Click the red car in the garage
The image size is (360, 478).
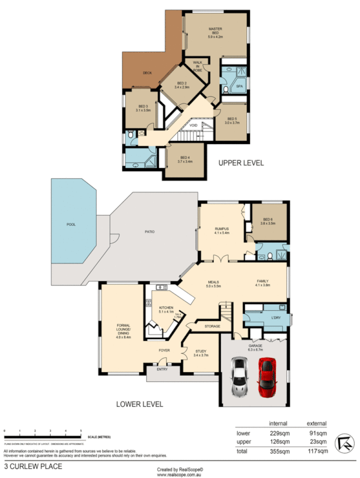[x=266, y=376]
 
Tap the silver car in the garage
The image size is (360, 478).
[x=240, y=376]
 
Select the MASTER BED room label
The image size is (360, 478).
[x=216, y=32]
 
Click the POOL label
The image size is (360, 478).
[x=72, y=225]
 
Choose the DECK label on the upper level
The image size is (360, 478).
[x=147, y=73]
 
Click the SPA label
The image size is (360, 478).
[x=239, y=86]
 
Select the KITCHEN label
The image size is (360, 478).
[x=166, y=308]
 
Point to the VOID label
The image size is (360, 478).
[x=193, y=125]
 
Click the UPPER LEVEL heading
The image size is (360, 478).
[x=241, y=163]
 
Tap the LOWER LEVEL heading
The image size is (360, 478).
[x=140, y=404]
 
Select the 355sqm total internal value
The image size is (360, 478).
[x=278, y=452]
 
